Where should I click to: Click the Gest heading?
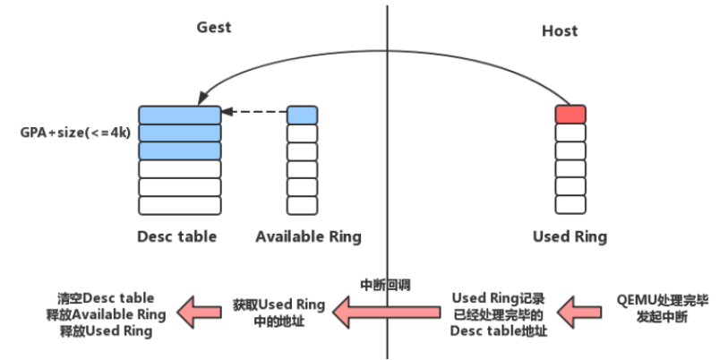(214, 27)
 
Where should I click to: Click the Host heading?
(560, 30)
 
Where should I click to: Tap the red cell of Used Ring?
(570, 115)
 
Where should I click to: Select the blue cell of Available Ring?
(302, 115)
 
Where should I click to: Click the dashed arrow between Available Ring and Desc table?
(254, 113)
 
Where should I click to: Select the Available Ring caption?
(308, 237)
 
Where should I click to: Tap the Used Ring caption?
(570, 237)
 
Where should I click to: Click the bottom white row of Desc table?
(179, 205)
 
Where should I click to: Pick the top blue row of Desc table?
(179, 115)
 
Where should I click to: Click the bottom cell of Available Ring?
(302, 205)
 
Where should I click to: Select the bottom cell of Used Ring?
(570, 205)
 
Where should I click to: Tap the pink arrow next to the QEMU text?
(578, 312)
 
